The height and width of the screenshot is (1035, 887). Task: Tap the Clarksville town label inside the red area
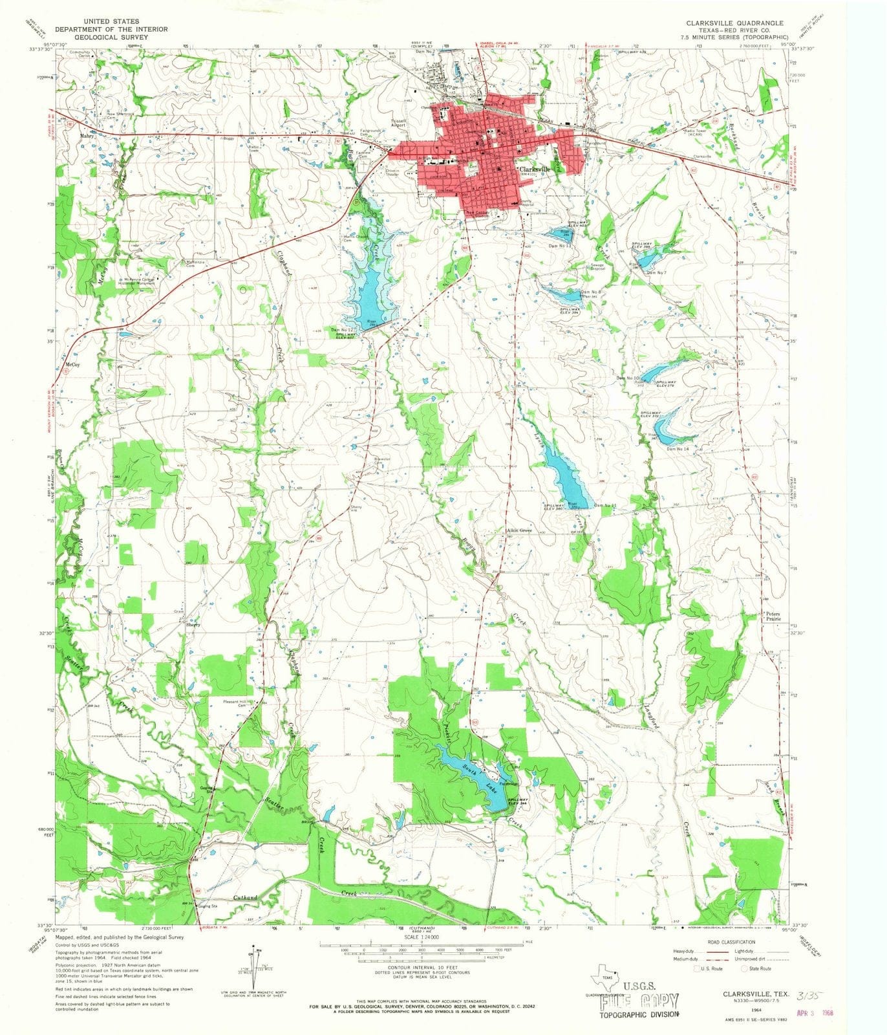(537, 169)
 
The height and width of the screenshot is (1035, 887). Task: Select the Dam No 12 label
(343, 330)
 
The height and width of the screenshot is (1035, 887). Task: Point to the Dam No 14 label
(679, 448)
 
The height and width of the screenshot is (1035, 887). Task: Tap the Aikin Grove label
(518, 530)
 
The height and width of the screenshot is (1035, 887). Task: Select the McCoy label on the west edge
(73, 365)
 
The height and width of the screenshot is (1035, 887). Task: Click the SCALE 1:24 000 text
(421, 937)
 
